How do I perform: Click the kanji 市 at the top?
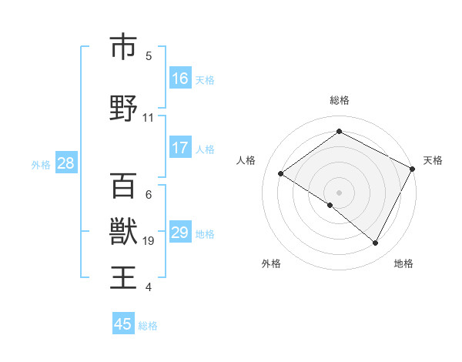tap(123, 47)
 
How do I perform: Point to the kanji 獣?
tap(123, 230)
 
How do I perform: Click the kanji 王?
tap(123, 276)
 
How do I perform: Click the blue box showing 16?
tap(180, 79)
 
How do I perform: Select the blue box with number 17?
tap(180, 149)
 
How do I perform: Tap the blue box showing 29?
tap(180, 233)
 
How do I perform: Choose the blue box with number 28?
tap(65, 163)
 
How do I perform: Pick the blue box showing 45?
tap(123, 324)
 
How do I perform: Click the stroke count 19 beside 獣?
tap(149, 241)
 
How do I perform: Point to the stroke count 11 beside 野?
tap(149, 118)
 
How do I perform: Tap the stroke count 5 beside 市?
tap(149, 55)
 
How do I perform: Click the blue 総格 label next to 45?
tap(148, 326)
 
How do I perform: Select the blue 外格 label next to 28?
tap(41, 164)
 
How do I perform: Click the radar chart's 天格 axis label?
tap(433, 160)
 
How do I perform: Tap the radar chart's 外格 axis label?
tap(271, 263)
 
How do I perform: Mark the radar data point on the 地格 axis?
tap(376, 243)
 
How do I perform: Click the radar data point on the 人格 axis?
tap(281, 174)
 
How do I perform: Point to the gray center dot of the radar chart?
tap(339, 191)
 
